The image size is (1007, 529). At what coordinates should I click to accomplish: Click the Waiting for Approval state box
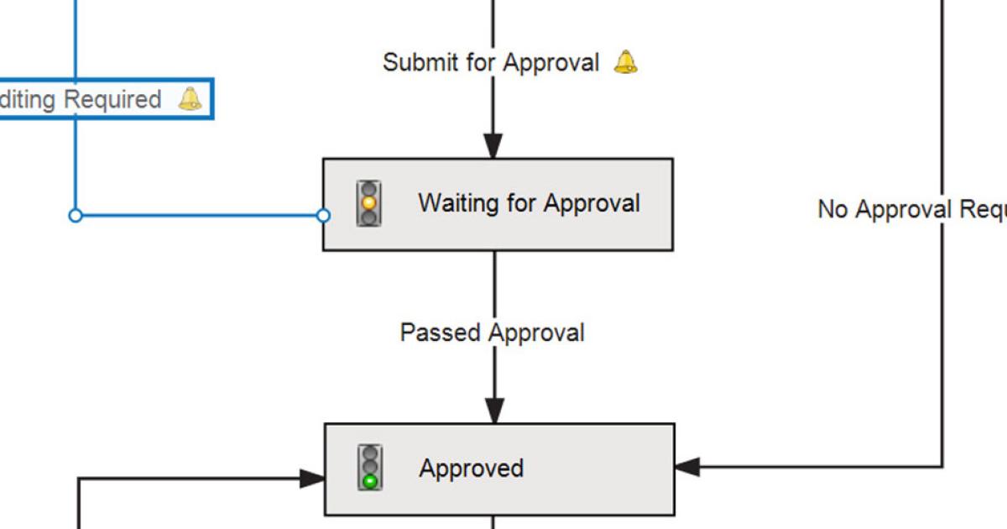click(x=498, y=204)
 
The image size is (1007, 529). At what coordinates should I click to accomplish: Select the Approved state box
click(x=499, y=469)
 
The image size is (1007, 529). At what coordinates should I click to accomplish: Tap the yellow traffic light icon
click(x=368, y=203)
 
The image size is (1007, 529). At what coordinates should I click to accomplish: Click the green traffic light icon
click(x=369, y=468)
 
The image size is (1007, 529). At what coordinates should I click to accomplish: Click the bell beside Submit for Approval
click(x=625, y=62)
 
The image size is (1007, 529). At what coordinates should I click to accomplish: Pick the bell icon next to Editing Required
click(x=190, y=99)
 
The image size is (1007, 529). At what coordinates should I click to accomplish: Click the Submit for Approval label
click(x=491, y=62)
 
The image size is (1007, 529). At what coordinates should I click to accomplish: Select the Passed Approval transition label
click(x=492, y=333)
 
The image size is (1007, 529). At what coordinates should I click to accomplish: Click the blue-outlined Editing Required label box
click(x=101, y=99)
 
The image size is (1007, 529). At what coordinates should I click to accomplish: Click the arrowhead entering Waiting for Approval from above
click(x=493, y=147)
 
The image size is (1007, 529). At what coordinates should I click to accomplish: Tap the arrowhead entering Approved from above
click(x=495, y=411)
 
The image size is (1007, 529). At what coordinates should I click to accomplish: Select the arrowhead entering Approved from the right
click(x=687, y=467)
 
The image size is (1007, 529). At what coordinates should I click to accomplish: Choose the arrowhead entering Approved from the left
click(x=312, y=479)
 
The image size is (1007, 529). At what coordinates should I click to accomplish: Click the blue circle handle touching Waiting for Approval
click(x=323, y=216)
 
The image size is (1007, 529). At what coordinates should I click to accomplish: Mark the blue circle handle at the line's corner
click(x=76, y=216)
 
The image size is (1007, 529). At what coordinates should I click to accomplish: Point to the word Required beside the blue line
click(x=112, y=99)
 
